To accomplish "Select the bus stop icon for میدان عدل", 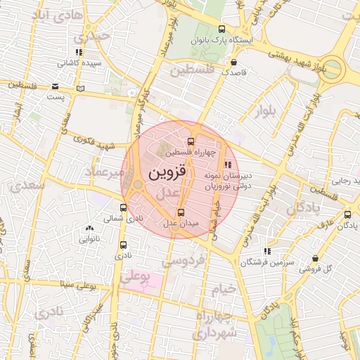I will pyautogui.click(x=181, y=212).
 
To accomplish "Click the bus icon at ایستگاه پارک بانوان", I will pyautogui.click(x=222, y=29).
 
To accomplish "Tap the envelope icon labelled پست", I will pyautogui.click(x=55, y=86).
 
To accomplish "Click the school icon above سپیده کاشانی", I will pyautogui.click(x=79, y=52).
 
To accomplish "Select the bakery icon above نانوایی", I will pyautogui.click(x=89, y=229).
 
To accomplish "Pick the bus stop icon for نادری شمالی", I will pyautogui.click(x=124, y=207).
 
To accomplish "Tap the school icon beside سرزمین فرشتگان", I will pyautogui.click(x=266, y=251).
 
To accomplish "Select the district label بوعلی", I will pyautogui.click(x=136, y=278).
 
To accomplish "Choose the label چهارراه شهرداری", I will pyautogui.click(x=219, y=326).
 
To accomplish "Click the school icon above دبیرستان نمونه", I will pyautogui.click(x=226, y=164).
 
